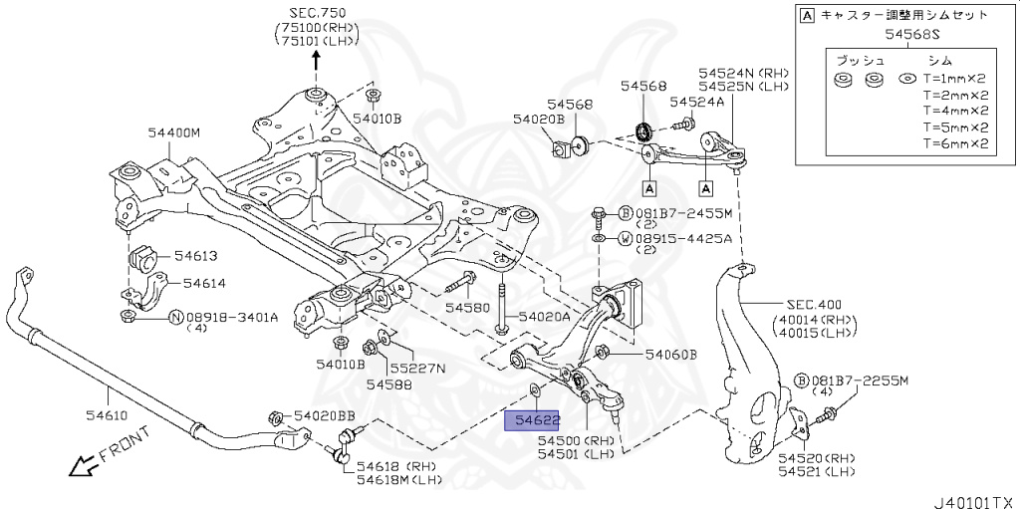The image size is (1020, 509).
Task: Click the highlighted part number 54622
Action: (x=533, y=421)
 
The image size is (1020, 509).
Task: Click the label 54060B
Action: (x=670, y=354)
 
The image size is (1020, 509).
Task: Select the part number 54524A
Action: (x=696, y=103)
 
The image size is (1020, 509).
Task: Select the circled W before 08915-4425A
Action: (x=624, y=239)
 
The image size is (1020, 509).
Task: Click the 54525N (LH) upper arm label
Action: (x=743, y=87)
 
